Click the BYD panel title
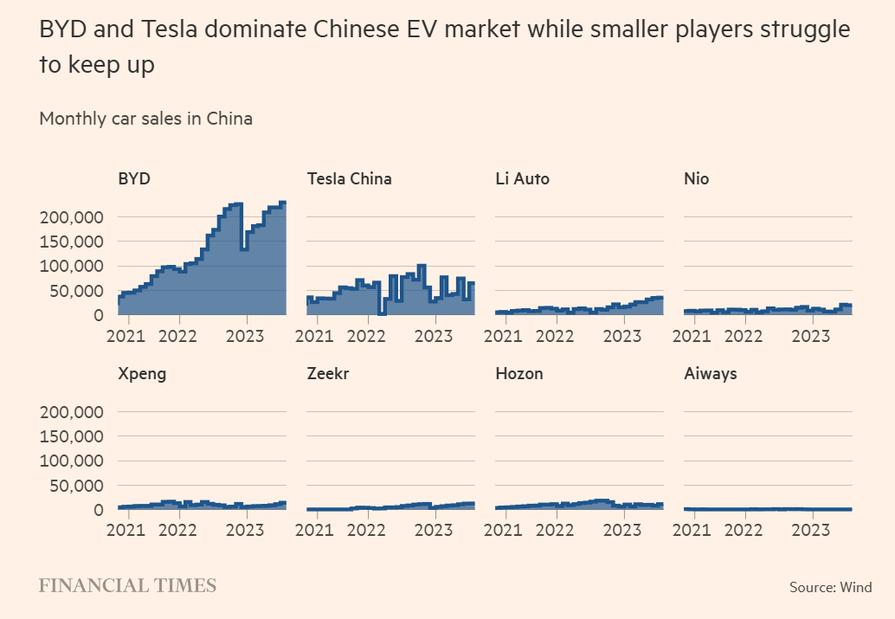(134, 179)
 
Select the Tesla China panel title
(349, 179)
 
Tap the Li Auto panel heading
(522, 179)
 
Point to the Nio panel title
(697, 179)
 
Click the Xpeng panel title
(142, 374)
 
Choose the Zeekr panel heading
(328, 374)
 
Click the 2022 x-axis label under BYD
(179, 335)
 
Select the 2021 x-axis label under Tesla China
(318, 335)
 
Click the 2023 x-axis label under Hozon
(621, 530)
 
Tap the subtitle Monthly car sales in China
(146, 119)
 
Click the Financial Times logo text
(127, 586)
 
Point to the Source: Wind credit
(830, 588)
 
